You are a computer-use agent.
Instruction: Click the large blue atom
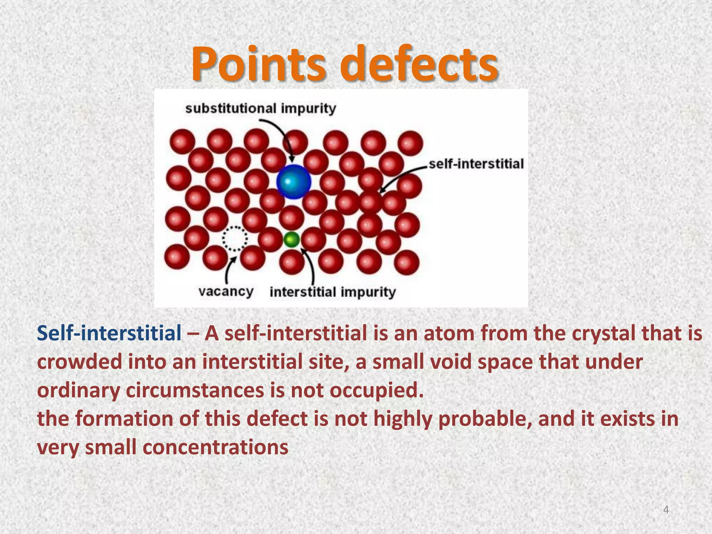click(293, 182)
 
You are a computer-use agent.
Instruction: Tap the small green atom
click(291, 240)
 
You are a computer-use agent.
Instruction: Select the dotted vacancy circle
click(235, 238)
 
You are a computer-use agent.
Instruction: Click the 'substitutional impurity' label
click(261, 108)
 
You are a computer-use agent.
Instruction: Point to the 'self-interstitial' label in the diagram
click(476, 164)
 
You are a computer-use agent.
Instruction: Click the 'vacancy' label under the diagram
click(226, 291)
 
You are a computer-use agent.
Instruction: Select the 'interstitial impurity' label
click(333, 292)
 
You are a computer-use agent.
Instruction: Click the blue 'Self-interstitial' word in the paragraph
click(109, 333)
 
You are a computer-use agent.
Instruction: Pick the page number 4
click(666, 510)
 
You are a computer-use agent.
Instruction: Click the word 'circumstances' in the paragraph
click(195, 390)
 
